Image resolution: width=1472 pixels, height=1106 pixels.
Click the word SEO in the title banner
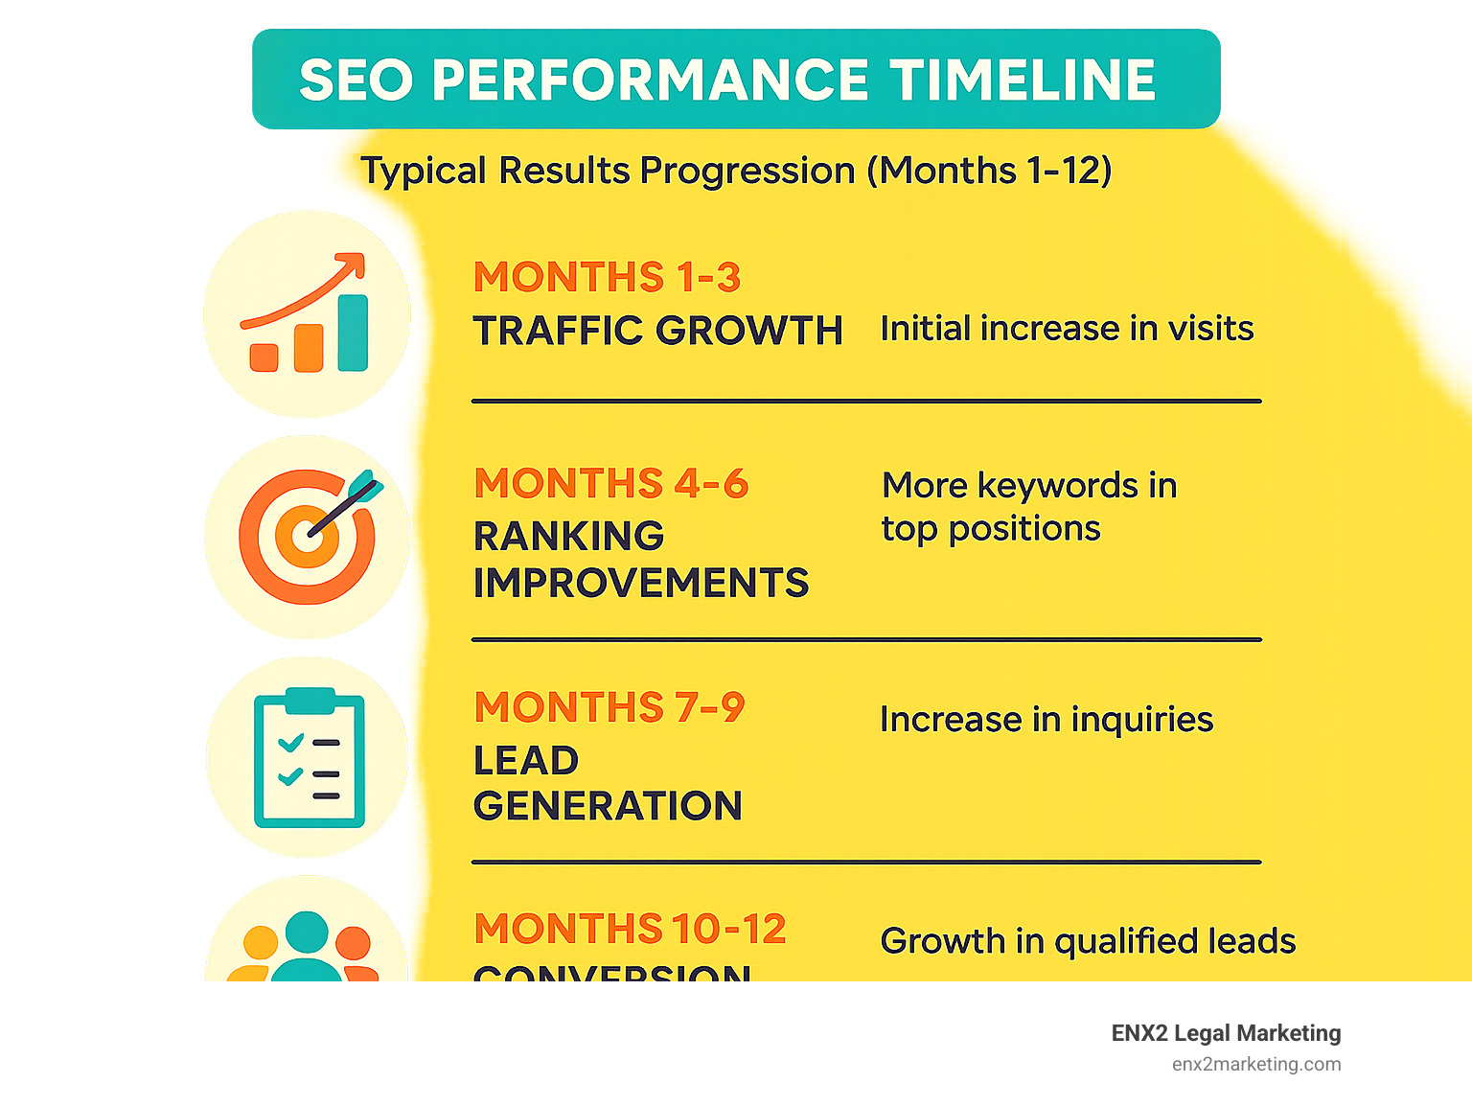click(356, 80)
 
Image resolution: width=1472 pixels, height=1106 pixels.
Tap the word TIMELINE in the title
click(1023, 80)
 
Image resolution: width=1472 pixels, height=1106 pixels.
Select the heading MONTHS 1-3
click(607, 278)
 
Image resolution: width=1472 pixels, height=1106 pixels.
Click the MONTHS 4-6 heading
click(610, 484)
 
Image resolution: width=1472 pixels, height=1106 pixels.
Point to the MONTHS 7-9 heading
click(609, 708)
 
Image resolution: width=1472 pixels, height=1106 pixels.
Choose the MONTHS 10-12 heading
click(630, 929)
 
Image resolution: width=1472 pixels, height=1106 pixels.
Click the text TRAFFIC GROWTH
click(657, 331)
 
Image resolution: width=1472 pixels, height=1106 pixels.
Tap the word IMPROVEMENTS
click(640, 583)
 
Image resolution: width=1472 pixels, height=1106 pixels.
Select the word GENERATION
click(608, 806)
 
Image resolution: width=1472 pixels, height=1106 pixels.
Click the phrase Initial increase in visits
click(1066, 329)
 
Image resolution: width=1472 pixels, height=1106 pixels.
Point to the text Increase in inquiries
click(1046, 720)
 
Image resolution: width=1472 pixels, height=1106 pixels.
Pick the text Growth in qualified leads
click(1087, 941)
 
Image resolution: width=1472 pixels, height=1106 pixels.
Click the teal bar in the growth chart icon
click(353, 333)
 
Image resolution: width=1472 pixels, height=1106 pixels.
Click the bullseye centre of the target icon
click(307, 535)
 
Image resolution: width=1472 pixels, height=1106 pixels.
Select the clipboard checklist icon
click(309, 757)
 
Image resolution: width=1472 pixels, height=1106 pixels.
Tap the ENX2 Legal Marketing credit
click(1226, 1033)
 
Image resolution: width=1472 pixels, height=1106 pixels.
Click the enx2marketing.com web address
click(1255, 1064)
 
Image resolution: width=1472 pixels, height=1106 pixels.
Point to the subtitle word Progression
click(747, 172)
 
